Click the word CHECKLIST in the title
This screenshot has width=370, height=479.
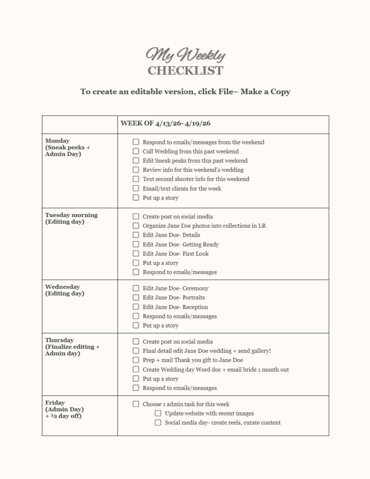pos(185,71)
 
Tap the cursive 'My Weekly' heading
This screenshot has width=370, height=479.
pos(185,55)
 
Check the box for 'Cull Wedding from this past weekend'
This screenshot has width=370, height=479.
pos(136,151)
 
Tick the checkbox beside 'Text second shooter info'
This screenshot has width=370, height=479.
pos(136,179)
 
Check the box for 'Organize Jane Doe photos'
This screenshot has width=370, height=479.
pos(136,225)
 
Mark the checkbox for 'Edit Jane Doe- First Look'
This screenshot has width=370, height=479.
pos(136,254)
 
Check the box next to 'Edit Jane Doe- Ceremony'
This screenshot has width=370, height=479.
pos(136,288)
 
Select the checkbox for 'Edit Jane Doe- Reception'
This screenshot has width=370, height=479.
pos(136,307)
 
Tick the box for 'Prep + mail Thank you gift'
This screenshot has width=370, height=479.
pos(136,360)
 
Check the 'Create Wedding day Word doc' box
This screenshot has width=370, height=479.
pos(136,370)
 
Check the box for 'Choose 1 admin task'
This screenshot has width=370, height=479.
pos(136,404)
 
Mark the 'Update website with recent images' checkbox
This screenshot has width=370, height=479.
pos(158,414)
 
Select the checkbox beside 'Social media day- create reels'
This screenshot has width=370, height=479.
pos(158,423)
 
